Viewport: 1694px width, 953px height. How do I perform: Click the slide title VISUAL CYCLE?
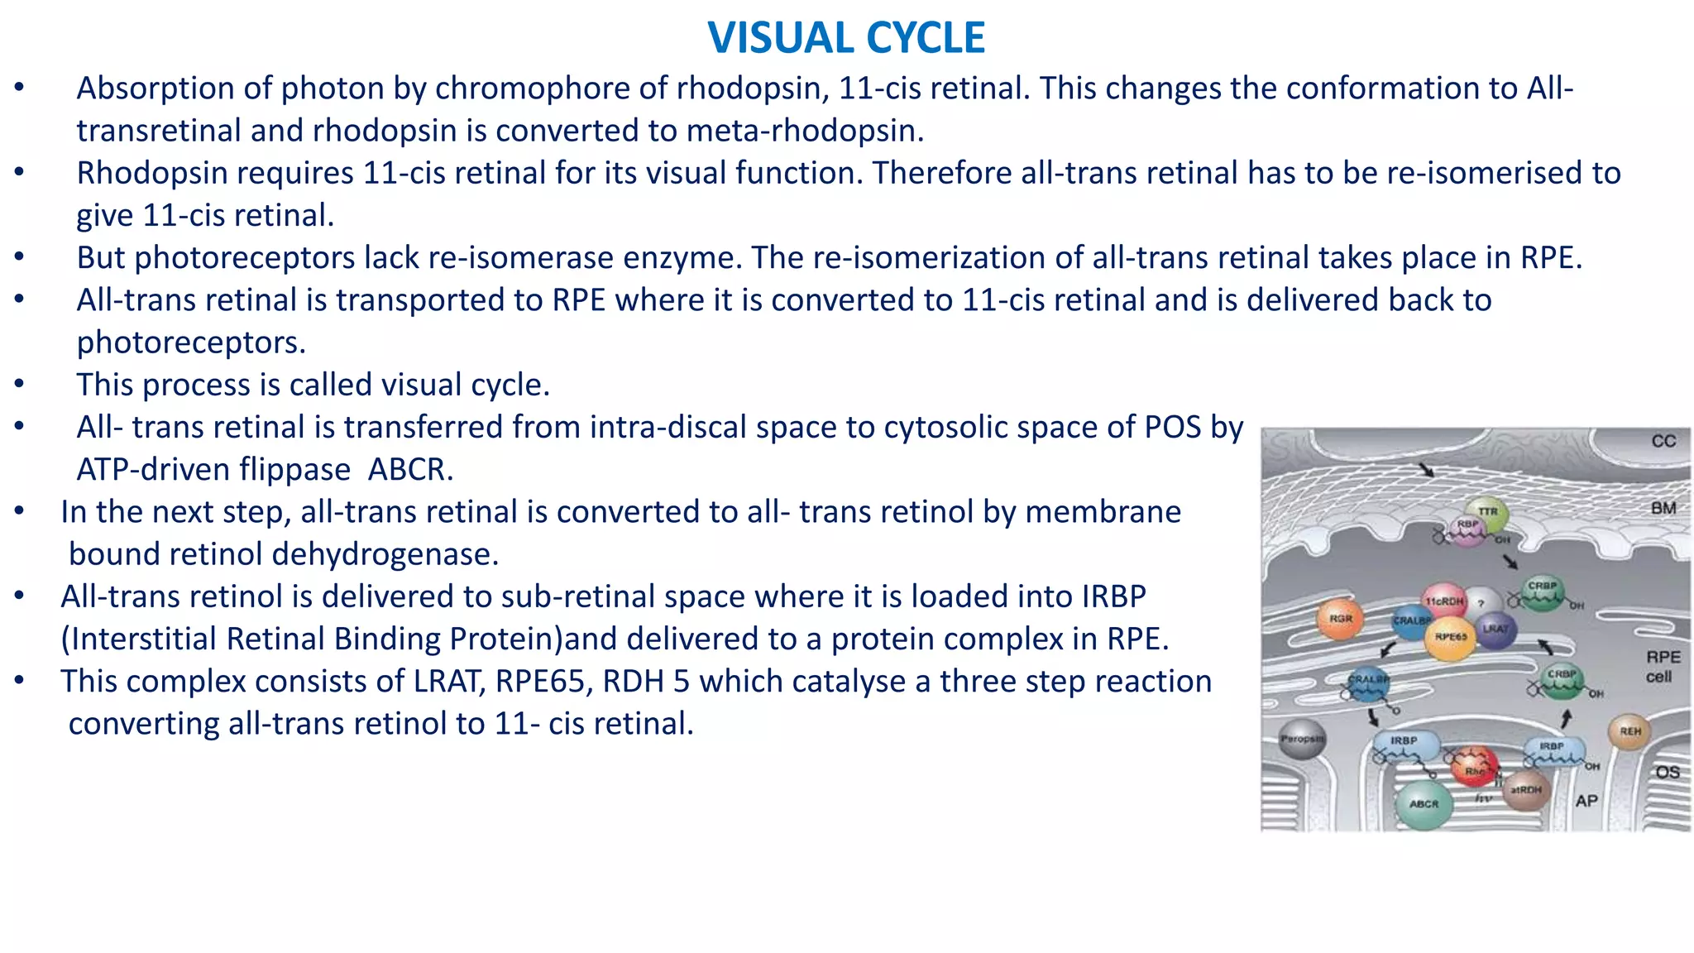[846, 38]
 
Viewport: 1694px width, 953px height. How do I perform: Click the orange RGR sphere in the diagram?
[1339, 619]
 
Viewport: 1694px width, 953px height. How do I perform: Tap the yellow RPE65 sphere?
[1450, 637]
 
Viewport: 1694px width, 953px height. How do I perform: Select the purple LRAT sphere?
[1495, 630]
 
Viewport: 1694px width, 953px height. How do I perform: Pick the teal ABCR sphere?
[1424, 803]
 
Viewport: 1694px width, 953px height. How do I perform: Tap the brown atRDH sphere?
[1525, 790]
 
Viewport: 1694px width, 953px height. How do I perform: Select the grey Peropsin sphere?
[1302, 739]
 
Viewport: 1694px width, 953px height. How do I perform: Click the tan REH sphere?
[1629, 731]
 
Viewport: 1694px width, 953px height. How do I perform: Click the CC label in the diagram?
[1663, 442]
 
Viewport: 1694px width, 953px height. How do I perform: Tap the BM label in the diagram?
[1663, 508]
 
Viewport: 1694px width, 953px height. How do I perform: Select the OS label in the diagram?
[1667, 773]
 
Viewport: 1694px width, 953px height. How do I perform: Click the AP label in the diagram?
[1586, 801]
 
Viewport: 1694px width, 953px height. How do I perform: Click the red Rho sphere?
[1475, 767]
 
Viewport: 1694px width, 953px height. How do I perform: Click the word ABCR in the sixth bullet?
[410, 470]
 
